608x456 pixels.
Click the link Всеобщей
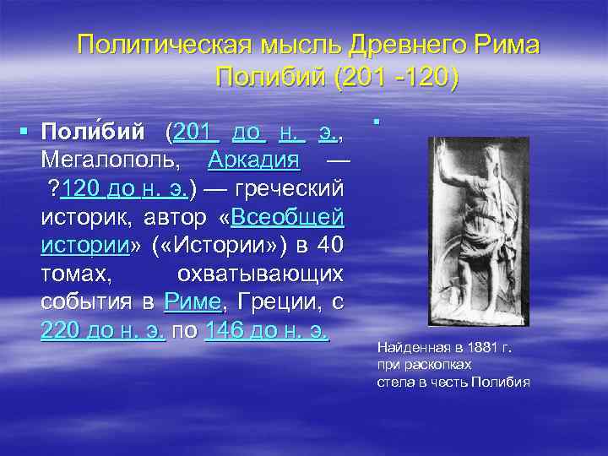(x=287, y=217)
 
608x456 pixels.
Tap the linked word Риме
(x=194, y=301)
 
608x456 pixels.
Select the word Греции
(x=274, y=301)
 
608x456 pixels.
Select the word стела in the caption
(x=394, y=382)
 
